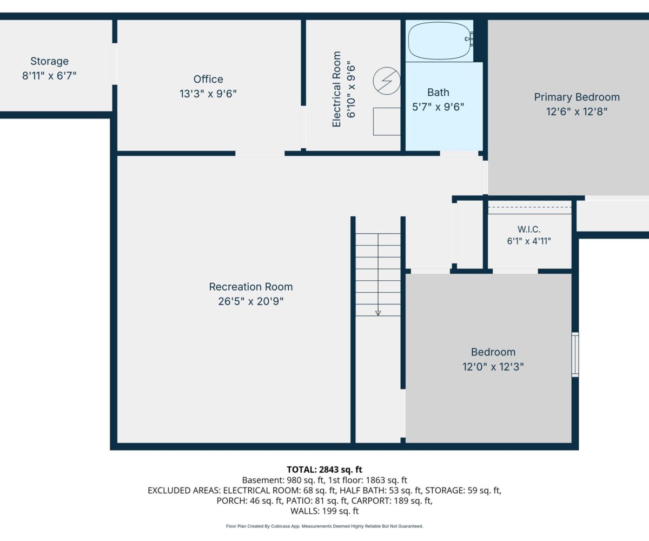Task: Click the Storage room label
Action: pos(49,61)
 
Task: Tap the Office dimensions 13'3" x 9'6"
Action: pos(208,94)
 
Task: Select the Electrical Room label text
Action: pos(336,89)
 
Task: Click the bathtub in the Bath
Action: pos(439,41)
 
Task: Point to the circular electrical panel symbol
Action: pos(387,81)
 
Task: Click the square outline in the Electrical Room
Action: pos(387,122)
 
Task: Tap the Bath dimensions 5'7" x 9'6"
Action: pos(438,107)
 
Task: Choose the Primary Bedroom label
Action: pos(577,97)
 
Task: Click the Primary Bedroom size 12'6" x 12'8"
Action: pos(577,111)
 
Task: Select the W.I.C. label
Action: pos(529,229)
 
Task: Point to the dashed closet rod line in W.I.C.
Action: pos(529,207)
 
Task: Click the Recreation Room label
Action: pos(251,287)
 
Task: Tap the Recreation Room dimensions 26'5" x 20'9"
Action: pos(251,301)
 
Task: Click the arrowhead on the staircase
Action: pos(378,313)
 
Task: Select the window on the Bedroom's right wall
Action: pos(575,355)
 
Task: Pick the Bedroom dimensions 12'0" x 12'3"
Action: pos(493,367)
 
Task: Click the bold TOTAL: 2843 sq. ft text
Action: pos(325,470)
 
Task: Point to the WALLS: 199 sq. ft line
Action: pos(325,511)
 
